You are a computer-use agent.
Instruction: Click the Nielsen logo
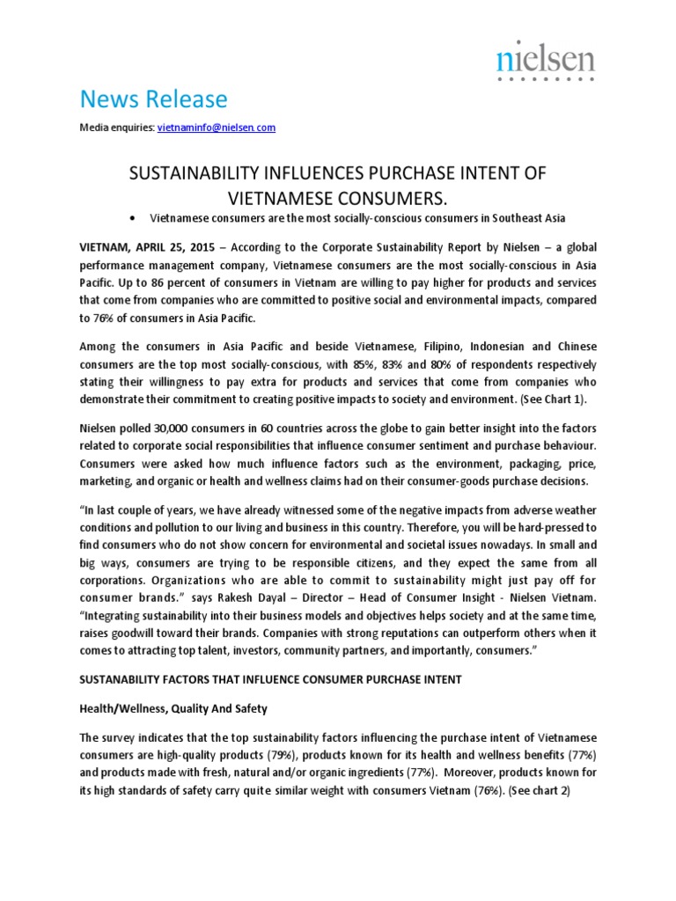545,62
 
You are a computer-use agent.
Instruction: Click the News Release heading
153,99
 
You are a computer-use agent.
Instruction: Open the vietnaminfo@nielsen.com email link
217,128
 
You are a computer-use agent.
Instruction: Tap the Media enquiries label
116,128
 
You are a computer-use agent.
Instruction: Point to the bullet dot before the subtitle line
131,217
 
